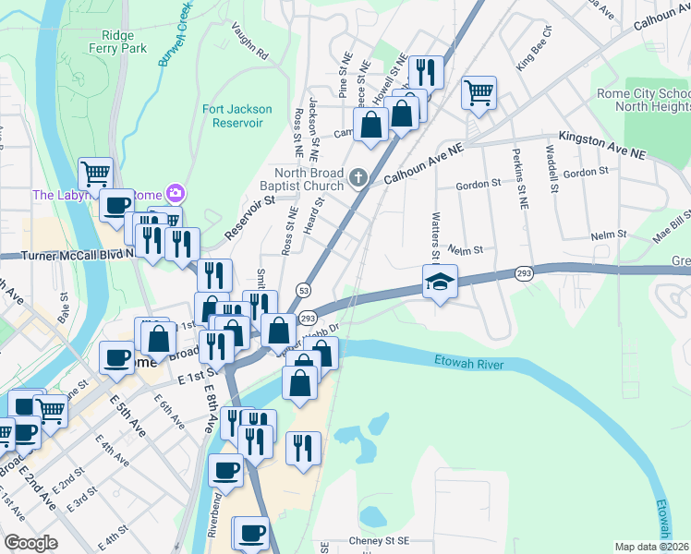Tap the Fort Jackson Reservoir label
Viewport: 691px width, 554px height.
237,116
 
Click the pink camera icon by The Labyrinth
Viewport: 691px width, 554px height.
174,193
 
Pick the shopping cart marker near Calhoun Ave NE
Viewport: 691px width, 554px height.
479,92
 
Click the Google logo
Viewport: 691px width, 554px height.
30,542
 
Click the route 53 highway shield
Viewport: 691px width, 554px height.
302,290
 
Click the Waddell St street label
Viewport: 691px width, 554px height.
552,170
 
